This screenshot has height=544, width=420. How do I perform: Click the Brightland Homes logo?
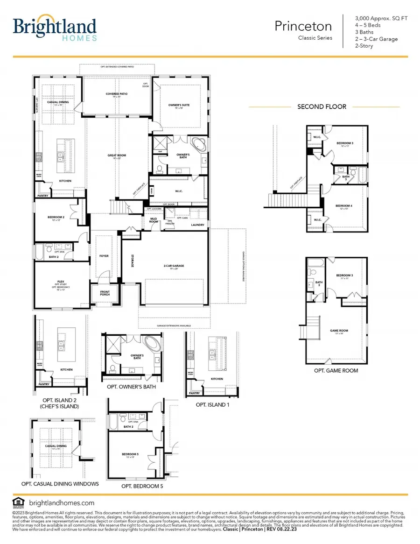(x=55, y=30)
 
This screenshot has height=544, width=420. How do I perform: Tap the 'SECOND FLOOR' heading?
(x=322, y=106)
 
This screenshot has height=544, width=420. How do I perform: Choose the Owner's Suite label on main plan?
(x=179, y=106)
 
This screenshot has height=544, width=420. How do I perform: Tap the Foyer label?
(x=103, y=256)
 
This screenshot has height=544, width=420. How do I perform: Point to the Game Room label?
(x=339, y=331)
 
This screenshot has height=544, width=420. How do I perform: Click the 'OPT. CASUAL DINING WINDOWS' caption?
(x=60, y=484)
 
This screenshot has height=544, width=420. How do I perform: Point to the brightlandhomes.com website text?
(x=62, y=503)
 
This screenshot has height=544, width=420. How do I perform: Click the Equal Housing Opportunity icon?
(x=18, y=503)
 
